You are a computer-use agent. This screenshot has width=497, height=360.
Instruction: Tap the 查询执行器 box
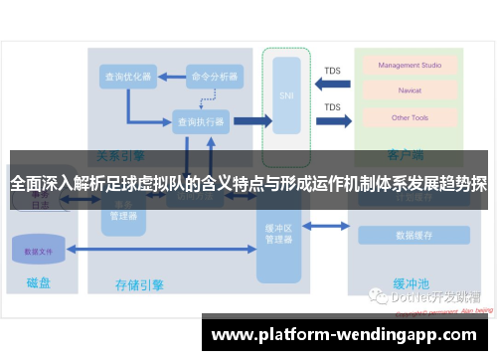pos(200,120)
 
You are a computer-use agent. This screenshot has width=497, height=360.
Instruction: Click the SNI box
pos(285,95)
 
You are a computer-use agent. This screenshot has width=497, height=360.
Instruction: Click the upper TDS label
pos(332,71)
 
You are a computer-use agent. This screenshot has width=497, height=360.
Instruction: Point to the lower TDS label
pos(332,107)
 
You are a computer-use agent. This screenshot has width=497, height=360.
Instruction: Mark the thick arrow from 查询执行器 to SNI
pos(250,120)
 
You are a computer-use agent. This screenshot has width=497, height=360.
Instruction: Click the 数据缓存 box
pos(413,236)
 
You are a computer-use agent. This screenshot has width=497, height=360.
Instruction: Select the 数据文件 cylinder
pos(40,251)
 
